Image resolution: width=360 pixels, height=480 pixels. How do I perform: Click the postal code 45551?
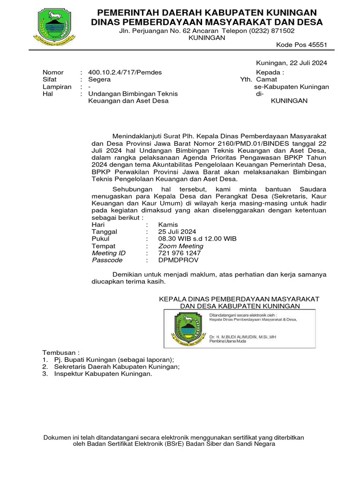317,45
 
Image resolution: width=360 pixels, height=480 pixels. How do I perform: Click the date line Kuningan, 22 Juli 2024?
291,63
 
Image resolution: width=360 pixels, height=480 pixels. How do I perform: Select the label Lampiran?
57,87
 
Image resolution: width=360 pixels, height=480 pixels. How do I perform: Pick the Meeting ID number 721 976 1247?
180,253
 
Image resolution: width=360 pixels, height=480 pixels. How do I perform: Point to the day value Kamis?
168,225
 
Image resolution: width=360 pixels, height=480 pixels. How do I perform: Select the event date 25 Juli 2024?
177,232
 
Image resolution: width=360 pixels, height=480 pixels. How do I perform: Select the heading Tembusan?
61,352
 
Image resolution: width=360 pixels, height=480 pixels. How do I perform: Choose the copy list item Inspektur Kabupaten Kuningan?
103,374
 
